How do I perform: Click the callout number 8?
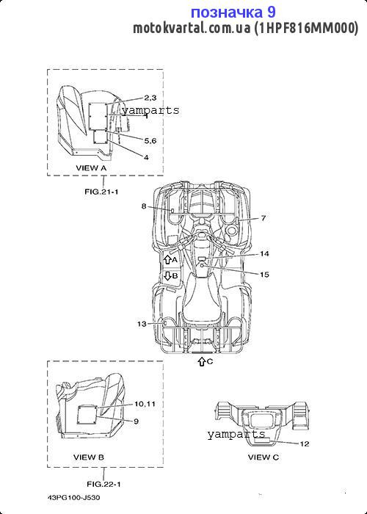point(144,206)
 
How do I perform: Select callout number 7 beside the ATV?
point(264,217)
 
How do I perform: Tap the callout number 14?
point(264,254)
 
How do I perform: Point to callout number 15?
point(264,275)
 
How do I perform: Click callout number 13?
point(142,324)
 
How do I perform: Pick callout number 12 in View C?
point(305,444)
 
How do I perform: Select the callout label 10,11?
point(145,404)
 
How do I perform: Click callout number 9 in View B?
point(137,421)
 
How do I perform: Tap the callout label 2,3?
point(150,98)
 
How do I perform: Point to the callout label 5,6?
point(150,141)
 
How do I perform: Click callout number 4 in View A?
point(146,157)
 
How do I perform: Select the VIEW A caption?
point(92,168)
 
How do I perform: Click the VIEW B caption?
point(89,457)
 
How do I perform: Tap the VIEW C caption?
point(264,457)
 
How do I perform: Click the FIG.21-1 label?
point(101,192)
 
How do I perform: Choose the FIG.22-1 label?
point(103,484)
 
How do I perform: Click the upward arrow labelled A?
point(167,260)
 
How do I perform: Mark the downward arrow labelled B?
point(167,275)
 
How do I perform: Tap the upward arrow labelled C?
point(202,361)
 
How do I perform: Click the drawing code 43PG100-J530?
point(73,498)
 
